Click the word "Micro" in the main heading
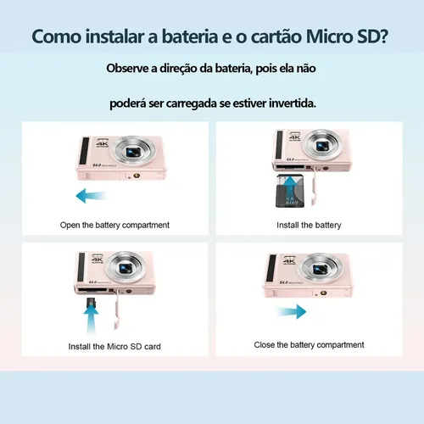(x=329, y=36)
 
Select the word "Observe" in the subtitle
(x=127, y=69)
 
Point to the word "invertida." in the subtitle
(x=293, y=103)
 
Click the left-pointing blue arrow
(x=92, y=196)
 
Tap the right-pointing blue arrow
(x=291, y=311)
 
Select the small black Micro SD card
(x=91, y=303)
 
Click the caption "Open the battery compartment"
(x=114, y=226)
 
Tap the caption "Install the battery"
(x=309, y=226)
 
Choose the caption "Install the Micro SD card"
(x=114, y=347)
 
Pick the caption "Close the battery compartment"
(x=309, y=345)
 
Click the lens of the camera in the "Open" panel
(x=133, y=151)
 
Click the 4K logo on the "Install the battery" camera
(x=295, y=137)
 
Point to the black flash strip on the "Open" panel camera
(x=84, y=151)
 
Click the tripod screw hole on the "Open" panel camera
(x=137, y=176)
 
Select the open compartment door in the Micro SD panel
(x=117, y=311)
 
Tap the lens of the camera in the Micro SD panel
(x=126, y=268)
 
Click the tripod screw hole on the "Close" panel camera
(x=323, y=293)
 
